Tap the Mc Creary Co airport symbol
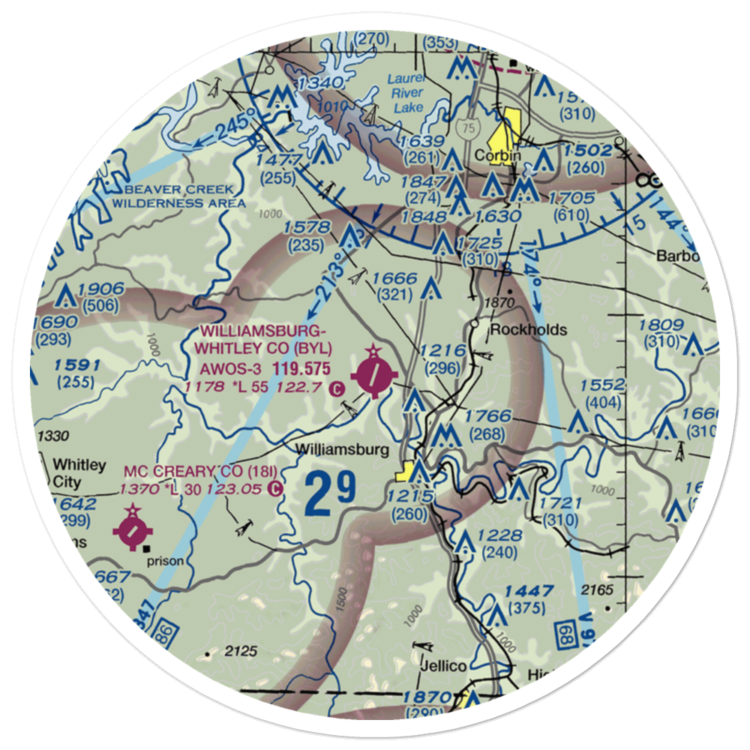133,530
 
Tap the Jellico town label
442,666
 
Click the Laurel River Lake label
405,93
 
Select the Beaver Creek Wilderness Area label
178,196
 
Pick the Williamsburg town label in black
342,450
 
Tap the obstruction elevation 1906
100,290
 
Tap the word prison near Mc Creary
166,559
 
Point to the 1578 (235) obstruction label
307,235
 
